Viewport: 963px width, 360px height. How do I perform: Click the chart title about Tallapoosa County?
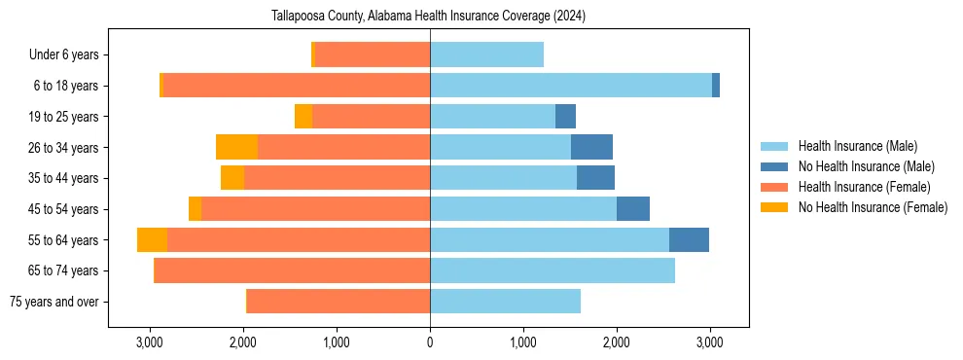coord(429,16)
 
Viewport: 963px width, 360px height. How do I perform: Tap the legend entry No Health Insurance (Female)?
coord(873,207)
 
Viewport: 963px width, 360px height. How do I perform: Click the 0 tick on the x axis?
coord(430,342)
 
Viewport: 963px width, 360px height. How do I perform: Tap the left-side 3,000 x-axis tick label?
coord(149,342)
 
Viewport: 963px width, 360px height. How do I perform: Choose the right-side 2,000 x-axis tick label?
coord(617,342)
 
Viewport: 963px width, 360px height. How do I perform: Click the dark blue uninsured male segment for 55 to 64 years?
coord(689,240)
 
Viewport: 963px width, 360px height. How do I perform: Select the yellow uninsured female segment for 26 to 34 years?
coord(236,148)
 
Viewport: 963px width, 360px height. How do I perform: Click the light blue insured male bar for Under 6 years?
coord(486,55)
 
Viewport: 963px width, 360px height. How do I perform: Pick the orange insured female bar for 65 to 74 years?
coord(292,270)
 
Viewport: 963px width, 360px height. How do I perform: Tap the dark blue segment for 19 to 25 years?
coord(565,117)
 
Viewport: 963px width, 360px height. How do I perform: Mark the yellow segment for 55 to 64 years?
coord(152,240)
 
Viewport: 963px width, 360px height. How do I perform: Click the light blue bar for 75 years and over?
coord(505,302)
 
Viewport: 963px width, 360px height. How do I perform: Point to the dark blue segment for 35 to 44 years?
coord(595,178)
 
